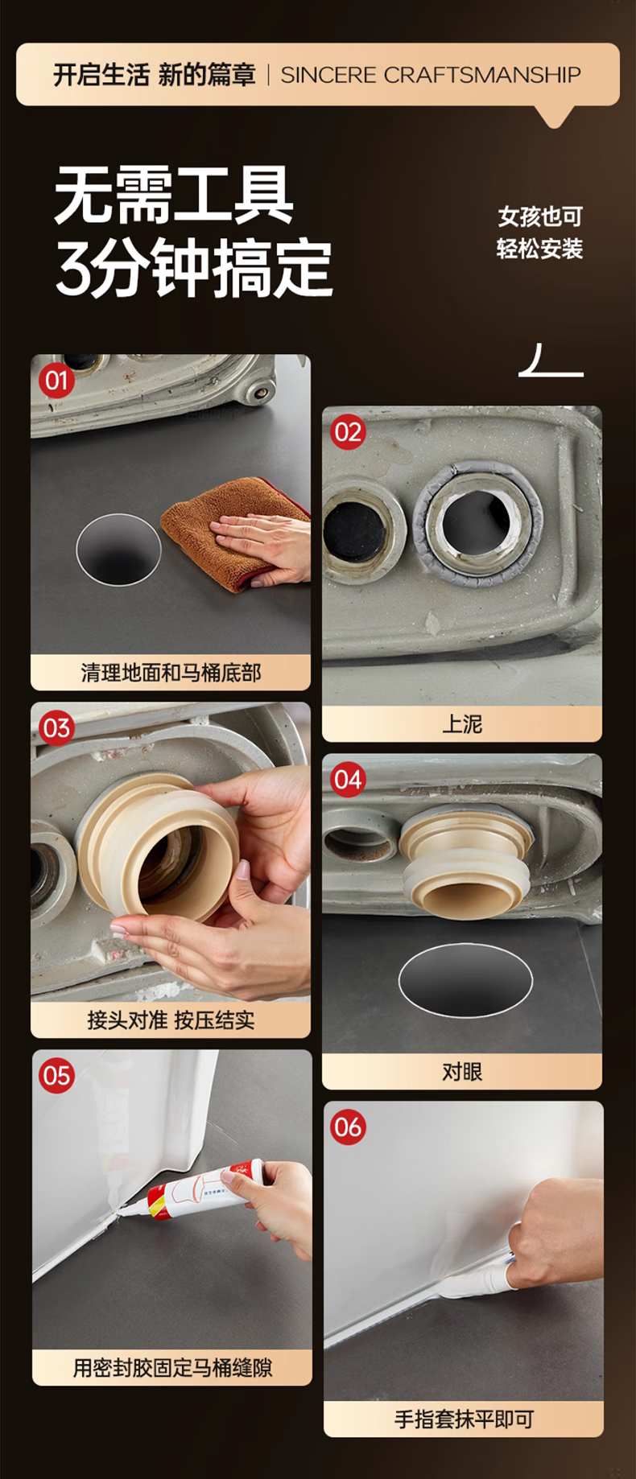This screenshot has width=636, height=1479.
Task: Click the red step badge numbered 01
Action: (x=56, y=380)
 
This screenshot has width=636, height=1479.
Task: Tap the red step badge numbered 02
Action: (x=348, y=432)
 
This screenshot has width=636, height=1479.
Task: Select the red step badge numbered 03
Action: (x=56, y=728)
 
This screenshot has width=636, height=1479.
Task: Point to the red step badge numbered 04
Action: (x=348, y=779)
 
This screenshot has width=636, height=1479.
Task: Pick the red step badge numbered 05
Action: (x=56, y=1076)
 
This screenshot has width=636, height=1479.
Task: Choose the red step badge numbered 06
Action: (x=348, y=1127)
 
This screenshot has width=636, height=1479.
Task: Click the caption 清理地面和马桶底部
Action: (x=171, y=673)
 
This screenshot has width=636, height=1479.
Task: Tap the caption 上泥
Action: (x=462, y=724)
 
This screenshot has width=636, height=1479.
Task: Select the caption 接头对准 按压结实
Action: (x=171, y=1020)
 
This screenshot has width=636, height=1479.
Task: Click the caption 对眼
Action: (x=462, y=1072)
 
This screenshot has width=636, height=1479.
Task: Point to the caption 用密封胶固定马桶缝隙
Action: (x=172, y=1368)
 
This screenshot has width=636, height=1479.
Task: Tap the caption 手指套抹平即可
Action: (x=464, y=1419)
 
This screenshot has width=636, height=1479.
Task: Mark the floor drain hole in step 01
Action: (x=118, y=550)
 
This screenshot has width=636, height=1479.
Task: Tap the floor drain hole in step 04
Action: (x=465, y=979)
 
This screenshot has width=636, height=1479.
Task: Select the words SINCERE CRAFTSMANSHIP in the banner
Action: (x=431, y=75)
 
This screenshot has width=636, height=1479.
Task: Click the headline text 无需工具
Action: (x=173, y=196)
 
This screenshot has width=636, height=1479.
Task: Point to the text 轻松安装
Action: (x=539, y=249)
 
